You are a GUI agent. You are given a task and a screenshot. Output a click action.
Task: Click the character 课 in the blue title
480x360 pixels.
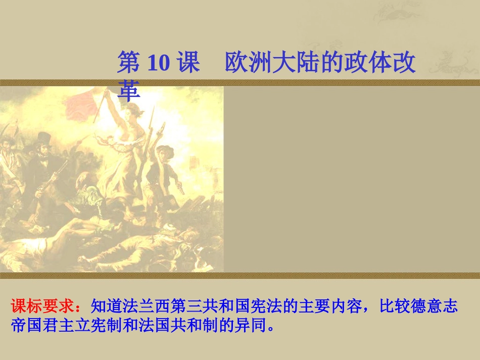point(189,63)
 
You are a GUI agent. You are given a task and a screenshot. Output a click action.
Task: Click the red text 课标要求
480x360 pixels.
point(45,306)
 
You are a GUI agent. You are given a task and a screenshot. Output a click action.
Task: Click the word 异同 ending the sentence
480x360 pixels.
point(254,324)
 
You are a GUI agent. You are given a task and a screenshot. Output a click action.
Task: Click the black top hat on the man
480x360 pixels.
point(44,138)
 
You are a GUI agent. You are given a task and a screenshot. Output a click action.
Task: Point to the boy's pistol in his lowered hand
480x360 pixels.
point(180,187)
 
